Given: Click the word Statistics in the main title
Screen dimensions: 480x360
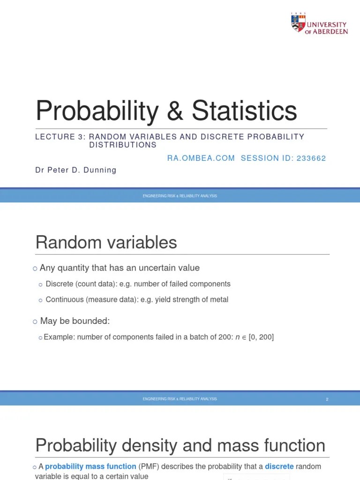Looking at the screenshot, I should tap(244, 111).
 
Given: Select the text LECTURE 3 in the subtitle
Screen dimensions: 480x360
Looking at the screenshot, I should tap(55, 137).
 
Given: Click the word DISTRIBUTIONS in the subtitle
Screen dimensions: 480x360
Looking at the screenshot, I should tap(123, 145).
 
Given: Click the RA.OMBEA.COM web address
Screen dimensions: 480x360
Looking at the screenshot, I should tap(201, 158).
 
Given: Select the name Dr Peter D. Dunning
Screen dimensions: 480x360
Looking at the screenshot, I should tap(75, 170).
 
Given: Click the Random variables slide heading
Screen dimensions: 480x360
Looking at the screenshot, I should tap(106, 242).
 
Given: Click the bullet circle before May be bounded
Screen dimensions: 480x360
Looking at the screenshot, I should tap(35, 322).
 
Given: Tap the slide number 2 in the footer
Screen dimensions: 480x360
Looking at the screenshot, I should tap(327, 399).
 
